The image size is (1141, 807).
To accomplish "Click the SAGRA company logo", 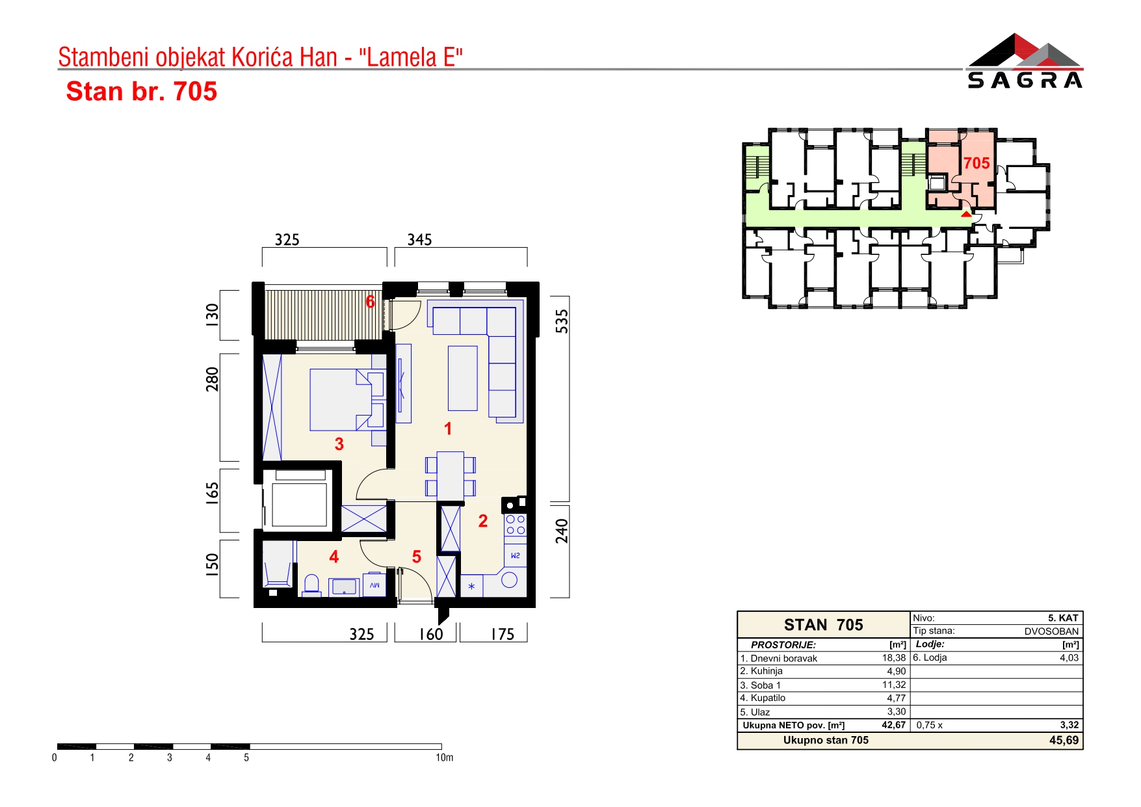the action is pos(1025,60).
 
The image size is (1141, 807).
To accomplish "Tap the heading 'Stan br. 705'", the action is pos(142,92).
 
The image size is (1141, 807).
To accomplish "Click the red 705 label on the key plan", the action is pos(977,163).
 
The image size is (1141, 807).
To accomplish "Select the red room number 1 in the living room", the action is pos(448,429).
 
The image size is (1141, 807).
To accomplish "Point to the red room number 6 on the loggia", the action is pos(371,302).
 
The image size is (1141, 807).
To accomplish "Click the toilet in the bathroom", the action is pos(312,585).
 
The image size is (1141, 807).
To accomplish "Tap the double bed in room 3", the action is pos(347,400).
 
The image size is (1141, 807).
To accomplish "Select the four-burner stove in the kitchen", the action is pos(516,525).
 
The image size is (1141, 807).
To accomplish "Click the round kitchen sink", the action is pos(510,580).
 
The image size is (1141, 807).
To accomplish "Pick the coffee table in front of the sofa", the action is pos(463,378).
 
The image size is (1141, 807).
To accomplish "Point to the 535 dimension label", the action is pos(562,321).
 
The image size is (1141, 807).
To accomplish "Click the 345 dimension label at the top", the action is pos(419,240).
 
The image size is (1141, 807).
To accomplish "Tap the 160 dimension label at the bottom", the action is pos(431,634).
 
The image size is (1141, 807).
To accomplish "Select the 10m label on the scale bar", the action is pos(445,758).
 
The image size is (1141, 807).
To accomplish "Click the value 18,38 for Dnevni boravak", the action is pos(894,658).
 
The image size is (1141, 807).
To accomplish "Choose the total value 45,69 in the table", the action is pos(1064,740).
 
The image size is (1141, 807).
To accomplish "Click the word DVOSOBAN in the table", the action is pos(1051,631).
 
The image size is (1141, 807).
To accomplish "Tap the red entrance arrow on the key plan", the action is pos(967,213).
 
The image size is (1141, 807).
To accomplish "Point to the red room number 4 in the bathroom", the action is pos(334,557).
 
